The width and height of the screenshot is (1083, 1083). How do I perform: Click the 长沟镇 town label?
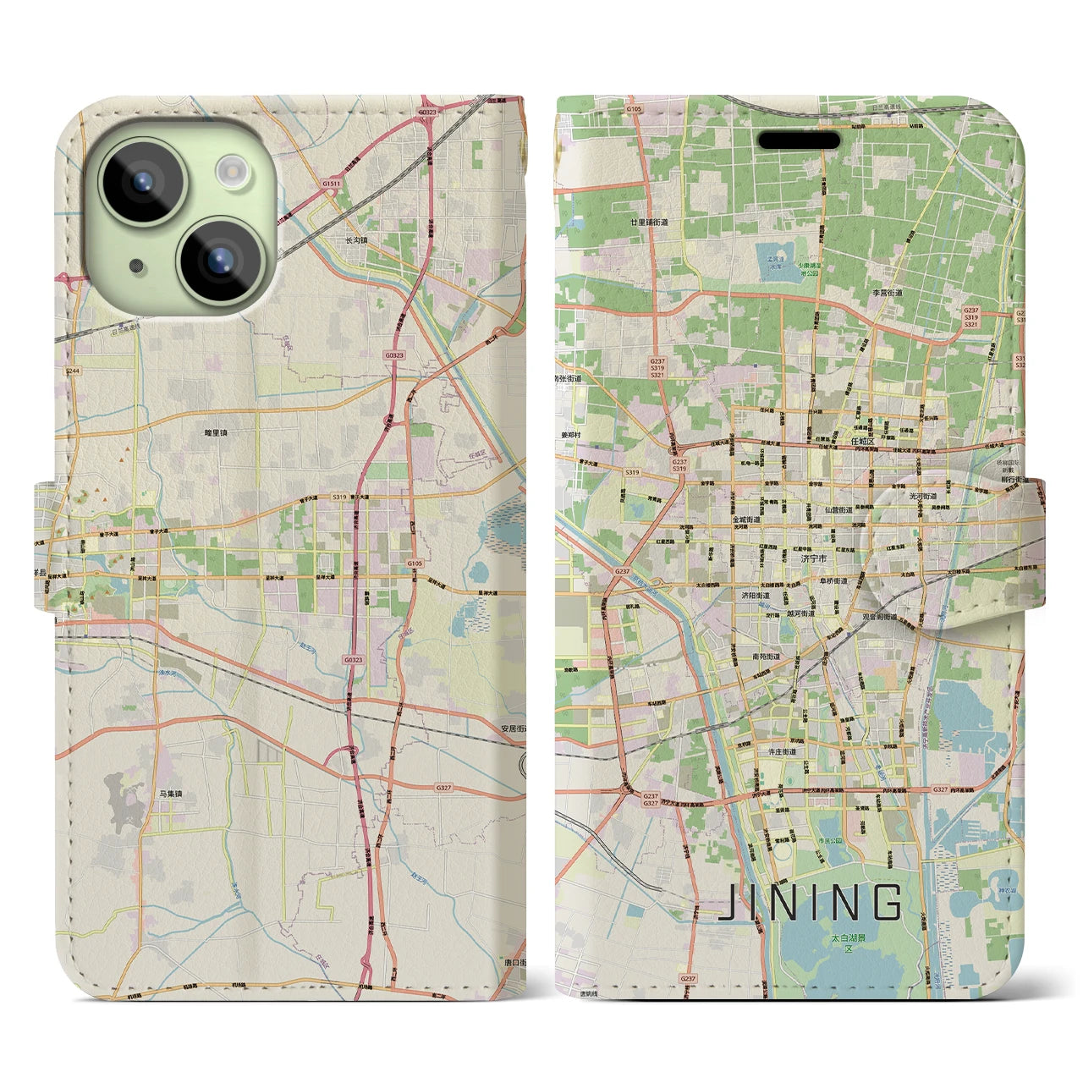coord(356,240)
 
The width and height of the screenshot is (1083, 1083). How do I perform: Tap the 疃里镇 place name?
coord(216,432)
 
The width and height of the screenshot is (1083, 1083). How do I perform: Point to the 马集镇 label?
coord(170,794)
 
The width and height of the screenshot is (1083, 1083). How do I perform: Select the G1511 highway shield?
coord(331,183)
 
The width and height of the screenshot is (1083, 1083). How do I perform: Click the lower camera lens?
coord(217,258)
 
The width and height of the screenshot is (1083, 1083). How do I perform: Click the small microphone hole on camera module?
coord(136,266)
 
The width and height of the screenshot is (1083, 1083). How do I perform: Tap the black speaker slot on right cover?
coord(798,140)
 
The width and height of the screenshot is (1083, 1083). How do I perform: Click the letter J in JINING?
coord(727,903)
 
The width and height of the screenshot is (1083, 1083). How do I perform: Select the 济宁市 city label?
coord(813,558)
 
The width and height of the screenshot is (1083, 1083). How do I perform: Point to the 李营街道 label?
coord(888,293)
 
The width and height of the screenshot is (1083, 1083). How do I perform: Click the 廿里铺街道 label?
coord(649,222)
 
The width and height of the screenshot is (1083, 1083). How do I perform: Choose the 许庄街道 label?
coord(778,751)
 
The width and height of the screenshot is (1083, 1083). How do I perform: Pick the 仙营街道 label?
coord(835,510)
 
